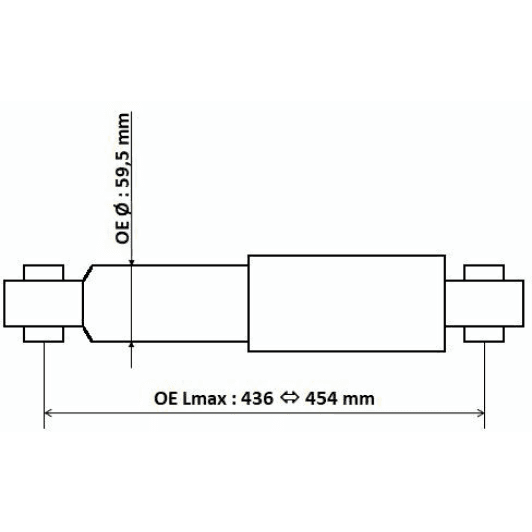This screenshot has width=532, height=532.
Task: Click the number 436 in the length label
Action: tap(257, 398)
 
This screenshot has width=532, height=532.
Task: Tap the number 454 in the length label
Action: tap(321, 398)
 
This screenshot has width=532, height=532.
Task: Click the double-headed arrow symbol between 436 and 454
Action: tap(289, 397)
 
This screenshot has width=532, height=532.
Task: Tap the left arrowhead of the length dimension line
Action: tap(48, 413)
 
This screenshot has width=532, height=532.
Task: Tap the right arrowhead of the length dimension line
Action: tap(481, 413)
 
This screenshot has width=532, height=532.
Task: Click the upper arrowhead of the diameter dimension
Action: tap(132, 263)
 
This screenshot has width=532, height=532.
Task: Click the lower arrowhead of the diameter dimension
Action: tap(132, 344)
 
